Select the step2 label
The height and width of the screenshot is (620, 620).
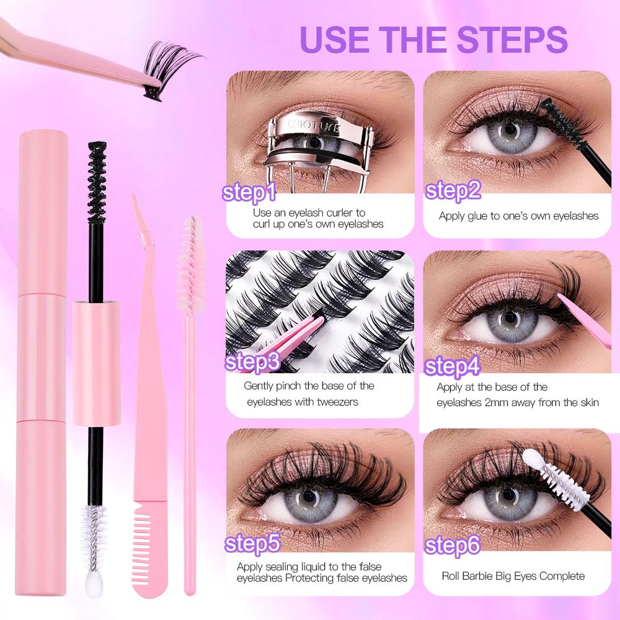453,191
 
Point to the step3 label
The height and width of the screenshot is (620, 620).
252,362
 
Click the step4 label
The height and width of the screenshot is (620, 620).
452,366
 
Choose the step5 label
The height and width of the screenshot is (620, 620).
252,544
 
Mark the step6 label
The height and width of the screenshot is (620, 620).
453,546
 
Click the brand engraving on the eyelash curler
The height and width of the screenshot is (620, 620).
314,125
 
